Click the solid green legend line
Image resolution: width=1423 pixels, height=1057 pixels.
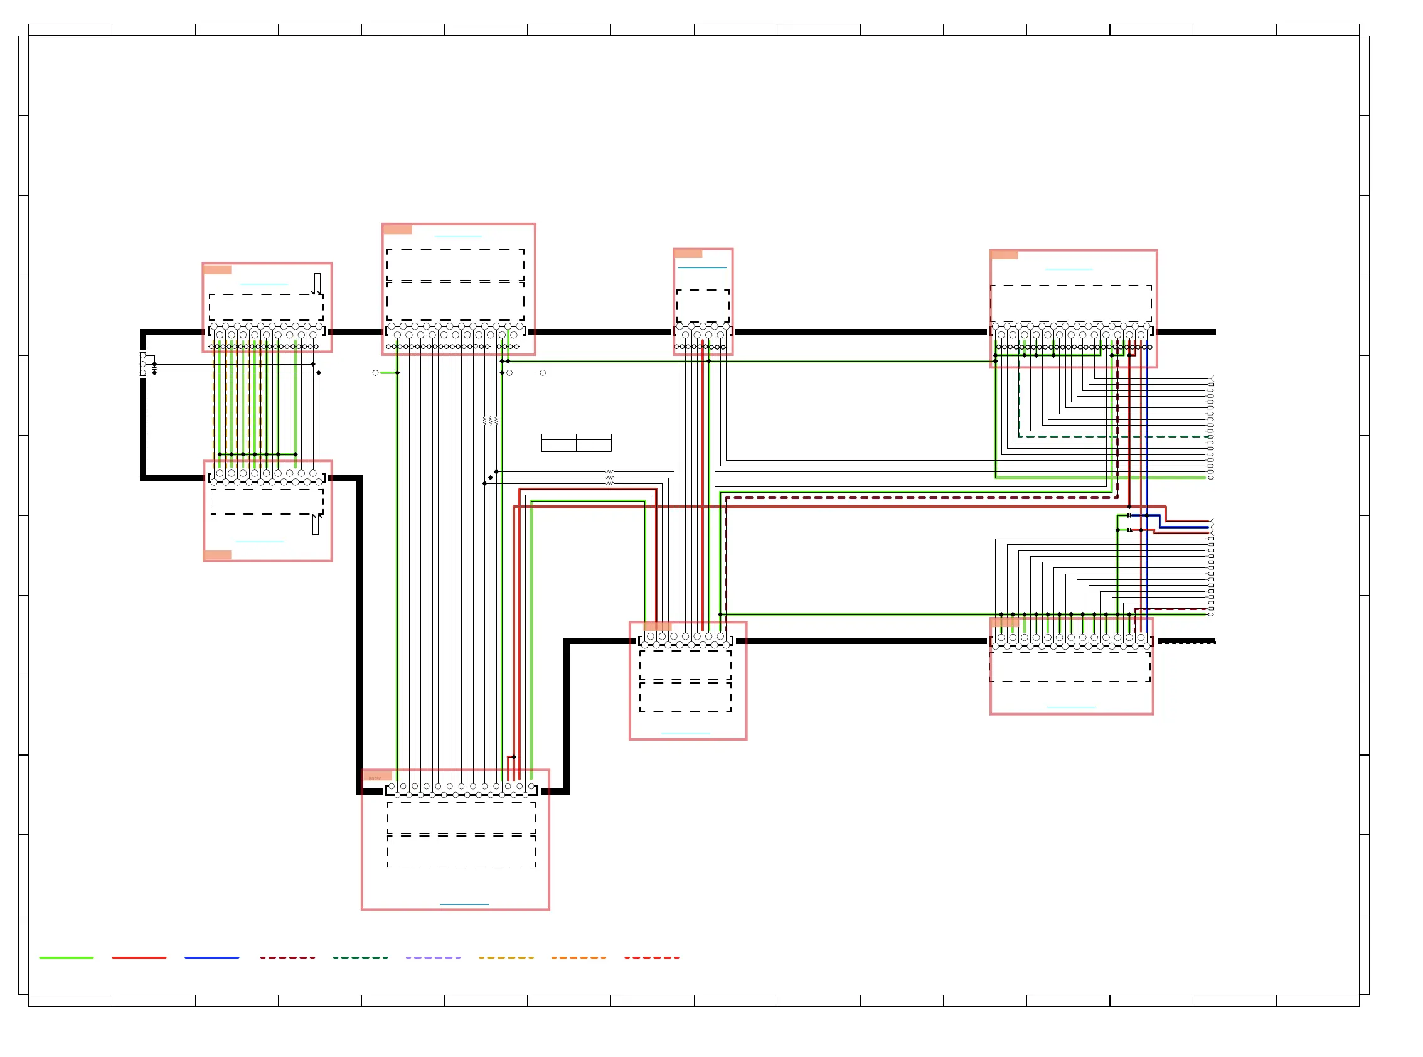tap(66, 958)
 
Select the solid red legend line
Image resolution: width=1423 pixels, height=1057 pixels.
tap(139, 958)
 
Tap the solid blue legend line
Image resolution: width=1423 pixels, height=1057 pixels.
tap(211, 958)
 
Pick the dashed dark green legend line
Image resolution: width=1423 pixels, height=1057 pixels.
tap(360, 958)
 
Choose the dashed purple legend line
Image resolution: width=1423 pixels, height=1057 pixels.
tap(433, 958)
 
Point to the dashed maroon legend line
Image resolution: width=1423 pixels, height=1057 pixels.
tap(287, 958)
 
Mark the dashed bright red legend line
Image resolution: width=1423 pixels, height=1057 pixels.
tap(652, 958)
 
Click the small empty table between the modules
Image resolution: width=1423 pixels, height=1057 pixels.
tap(576, 442)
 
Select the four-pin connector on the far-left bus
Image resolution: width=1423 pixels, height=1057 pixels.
tap(142, 363)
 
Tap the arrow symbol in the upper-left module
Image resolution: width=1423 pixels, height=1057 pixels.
tap(317, 284)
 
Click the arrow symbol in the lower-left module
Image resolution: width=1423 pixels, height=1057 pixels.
tap(316, 524)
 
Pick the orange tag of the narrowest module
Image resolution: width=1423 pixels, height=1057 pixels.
tap(688, 254)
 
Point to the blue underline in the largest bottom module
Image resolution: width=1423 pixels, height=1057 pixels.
tap(464, 904)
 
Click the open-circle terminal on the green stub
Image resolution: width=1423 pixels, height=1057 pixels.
tap(375, 372)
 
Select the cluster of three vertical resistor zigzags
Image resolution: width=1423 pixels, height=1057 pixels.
tap(491, 421)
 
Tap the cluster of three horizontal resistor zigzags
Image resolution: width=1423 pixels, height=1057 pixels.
tap(610, 477)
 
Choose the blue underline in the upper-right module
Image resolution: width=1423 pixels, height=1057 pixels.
tap(1069, 269)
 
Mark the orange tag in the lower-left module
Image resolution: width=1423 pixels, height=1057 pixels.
tap(218, 555)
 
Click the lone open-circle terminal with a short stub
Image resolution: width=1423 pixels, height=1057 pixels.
tap(542, 372)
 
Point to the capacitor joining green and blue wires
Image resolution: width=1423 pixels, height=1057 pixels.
tap(1129, 515)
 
